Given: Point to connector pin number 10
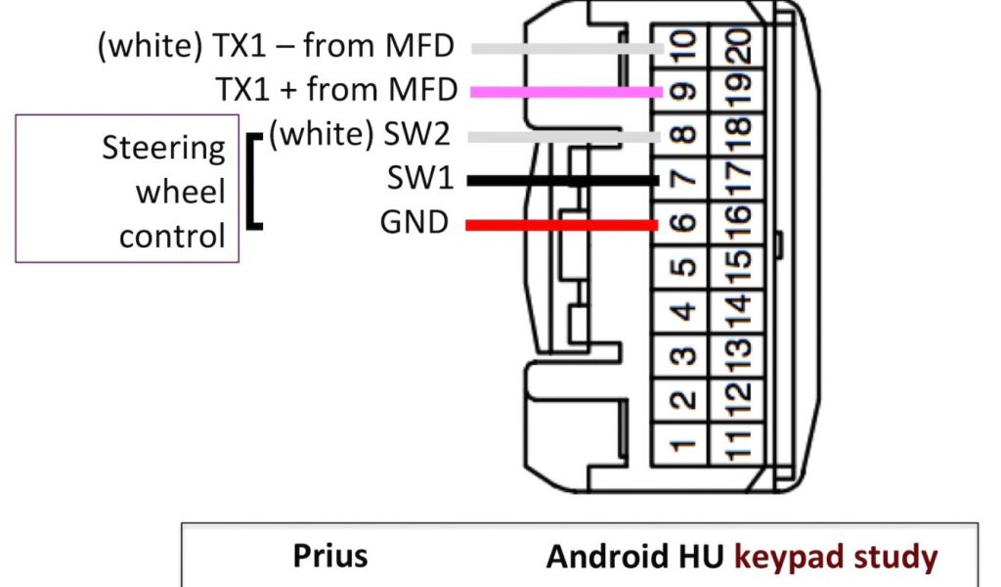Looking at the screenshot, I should [x=685, y=46].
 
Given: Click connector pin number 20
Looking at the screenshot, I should [x=738, y=46].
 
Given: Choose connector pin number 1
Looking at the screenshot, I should [x=685, y=446].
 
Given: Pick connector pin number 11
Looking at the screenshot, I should [x=738, y=446].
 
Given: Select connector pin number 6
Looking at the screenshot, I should [x=685, y=224].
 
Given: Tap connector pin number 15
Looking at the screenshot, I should [x=738, y=268].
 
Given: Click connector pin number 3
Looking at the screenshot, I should [x=685, y=357].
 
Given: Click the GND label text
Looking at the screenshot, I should [x=413, y=224].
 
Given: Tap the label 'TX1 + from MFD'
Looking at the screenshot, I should [x=336, y=90].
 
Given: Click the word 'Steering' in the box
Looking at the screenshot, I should [x=163, y=149].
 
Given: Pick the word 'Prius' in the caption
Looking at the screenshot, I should [x=330, y=556].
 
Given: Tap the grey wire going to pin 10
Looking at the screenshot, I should [x=567, y=47].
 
